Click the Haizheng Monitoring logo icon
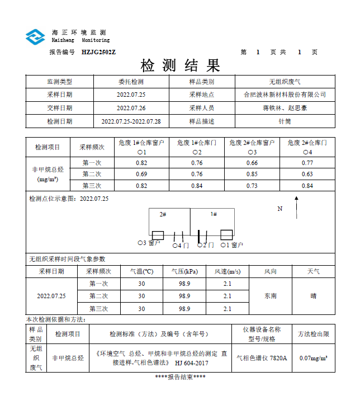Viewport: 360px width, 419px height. tap(35, 37)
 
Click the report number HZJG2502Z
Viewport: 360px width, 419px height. tap(98, 52)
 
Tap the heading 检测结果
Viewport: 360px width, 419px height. tap(180, 65)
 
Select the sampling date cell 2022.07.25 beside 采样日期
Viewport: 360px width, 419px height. tap(131, 95)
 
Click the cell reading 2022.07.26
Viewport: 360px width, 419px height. tap(131, 108)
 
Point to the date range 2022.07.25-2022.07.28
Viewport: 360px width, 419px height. tap(131, 121)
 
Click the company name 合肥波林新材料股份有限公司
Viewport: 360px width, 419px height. tap(285, 95)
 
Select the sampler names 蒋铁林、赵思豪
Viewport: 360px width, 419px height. tap(285, 108)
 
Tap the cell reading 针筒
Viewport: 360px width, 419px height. tap(285, 121)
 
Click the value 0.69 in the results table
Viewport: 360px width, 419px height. tap(141, 174)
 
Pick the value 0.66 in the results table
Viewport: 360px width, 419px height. tap(252, 163)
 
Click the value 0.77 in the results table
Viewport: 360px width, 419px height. tap(307, 163)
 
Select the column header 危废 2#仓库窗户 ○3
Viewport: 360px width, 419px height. tap(252, 147)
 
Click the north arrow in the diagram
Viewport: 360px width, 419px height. tap(297, 213)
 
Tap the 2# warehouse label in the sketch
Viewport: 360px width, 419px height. tap(163, 214)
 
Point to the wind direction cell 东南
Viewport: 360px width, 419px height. tap(271, 296)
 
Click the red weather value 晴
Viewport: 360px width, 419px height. tap(314, 296)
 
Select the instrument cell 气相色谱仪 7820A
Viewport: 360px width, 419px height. tap(262, 358)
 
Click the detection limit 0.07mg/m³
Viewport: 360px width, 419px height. tap(314, 358)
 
